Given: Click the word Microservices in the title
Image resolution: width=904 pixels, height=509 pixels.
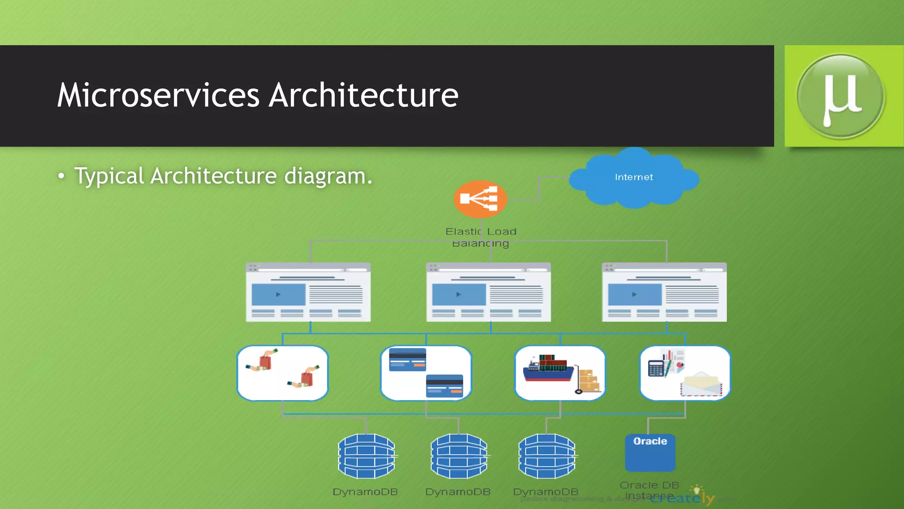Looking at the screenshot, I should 158,95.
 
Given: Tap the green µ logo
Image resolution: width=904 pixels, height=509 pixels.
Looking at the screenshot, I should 840,96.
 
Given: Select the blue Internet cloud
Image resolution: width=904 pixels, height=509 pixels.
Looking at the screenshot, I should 634,178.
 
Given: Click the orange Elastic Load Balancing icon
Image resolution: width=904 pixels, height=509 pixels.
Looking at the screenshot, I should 480,199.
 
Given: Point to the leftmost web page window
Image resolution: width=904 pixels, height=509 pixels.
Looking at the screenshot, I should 308,292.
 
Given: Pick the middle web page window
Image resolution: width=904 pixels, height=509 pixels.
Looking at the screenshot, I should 488,292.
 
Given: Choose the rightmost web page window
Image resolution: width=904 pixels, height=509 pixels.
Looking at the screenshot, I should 664,292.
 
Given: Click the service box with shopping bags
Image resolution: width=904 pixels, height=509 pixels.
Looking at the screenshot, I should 282,373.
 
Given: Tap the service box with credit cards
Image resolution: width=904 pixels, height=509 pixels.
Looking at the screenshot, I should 426,373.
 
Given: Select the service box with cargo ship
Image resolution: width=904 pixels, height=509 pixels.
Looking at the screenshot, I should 560,373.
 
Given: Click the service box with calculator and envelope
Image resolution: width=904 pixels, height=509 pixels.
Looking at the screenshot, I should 685,373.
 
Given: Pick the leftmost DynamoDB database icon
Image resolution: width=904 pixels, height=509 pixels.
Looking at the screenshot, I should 366,456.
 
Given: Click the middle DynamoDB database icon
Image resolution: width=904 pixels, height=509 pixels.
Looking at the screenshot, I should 459,456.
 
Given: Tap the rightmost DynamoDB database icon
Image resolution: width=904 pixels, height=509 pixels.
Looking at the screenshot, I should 546,456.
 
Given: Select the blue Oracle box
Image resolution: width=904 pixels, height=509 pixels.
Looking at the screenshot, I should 650,452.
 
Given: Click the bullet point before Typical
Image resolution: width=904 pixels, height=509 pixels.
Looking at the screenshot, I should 61,176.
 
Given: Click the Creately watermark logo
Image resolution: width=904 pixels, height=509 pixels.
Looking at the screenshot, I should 682,498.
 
